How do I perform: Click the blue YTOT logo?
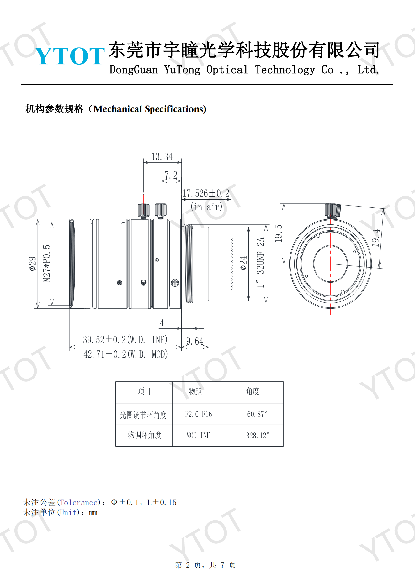(x=70, y=56)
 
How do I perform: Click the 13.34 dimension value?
(x=162, y=157)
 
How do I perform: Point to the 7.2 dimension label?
(x=171, y=175)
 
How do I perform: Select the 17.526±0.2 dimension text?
(x=206, y=193)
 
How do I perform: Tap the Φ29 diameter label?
(x=32, y=264)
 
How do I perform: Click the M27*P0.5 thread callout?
(x=46, y=263)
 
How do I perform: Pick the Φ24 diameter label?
(x=243, y=263)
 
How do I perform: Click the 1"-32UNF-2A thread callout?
(x=261, y=263)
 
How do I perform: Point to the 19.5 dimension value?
(x=279, y=233)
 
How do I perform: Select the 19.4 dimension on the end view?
(x=376, y=238)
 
